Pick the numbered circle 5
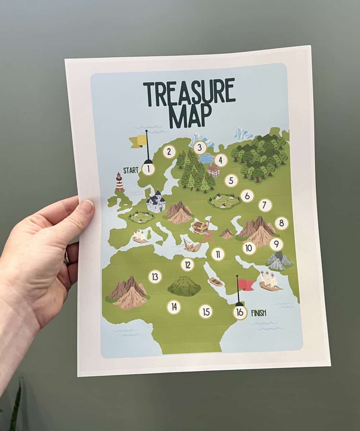point(231,181)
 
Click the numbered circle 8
point(282,223)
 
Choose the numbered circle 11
point(218,254)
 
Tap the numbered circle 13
point(155,277)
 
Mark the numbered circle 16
point(240,312)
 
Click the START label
point(131,170)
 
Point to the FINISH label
point(259,313)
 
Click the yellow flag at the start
point(139,142)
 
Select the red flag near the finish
point(246,284)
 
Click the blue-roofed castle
point(156,202)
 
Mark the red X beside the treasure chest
point(208,236)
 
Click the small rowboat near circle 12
point(216,282)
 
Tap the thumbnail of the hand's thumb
point(87,207)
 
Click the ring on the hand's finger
point(67,258)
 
